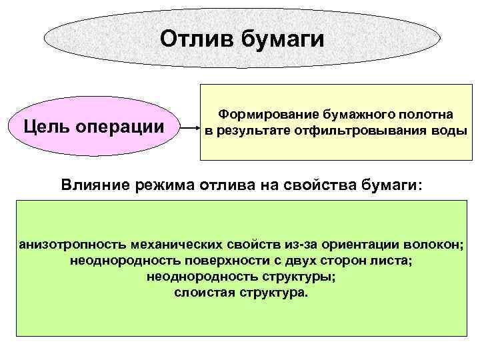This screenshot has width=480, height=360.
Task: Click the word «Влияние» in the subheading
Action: tap(95, 185)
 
